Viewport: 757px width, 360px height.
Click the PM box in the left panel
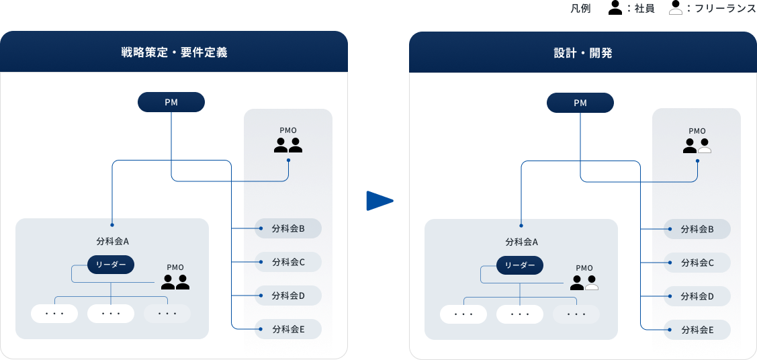click(171, 102)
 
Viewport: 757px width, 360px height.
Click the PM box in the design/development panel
click(580, 103)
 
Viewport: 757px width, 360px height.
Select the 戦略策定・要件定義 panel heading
click(174, 52)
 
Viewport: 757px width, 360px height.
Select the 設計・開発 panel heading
click(582, 52)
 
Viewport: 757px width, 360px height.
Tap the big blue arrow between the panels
click(379, 201)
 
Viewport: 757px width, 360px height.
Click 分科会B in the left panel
click(288, 228)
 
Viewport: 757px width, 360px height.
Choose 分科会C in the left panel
click(288, 262)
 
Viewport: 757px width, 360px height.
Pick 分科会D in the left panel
click(288, 296)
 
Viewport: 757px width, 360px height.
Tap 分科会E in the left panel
click(288, 329)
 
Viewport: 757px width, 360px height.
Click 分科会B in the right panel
click(697, 229)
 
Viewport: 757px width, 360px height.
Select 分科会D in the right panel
click(697, 296)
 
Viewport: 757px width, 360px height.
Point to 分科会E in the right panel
click(697, 330)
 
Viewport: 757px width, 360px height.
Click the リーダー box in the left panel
click(111, 265)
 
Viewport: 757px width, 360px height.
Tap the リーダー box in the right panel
click(520, 265)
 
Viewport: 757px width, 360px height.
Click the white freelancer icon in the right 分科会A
click(591, 283)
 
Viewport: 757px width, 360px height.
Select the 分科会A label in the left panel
click(112, 241)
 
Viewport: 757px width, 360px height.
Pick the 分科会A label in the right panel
click(521, 242)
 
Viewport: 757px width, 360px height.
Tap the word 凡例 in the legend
click(580, 9)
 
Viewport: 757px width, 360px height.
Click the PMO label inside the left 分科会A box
click(175, 267)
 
